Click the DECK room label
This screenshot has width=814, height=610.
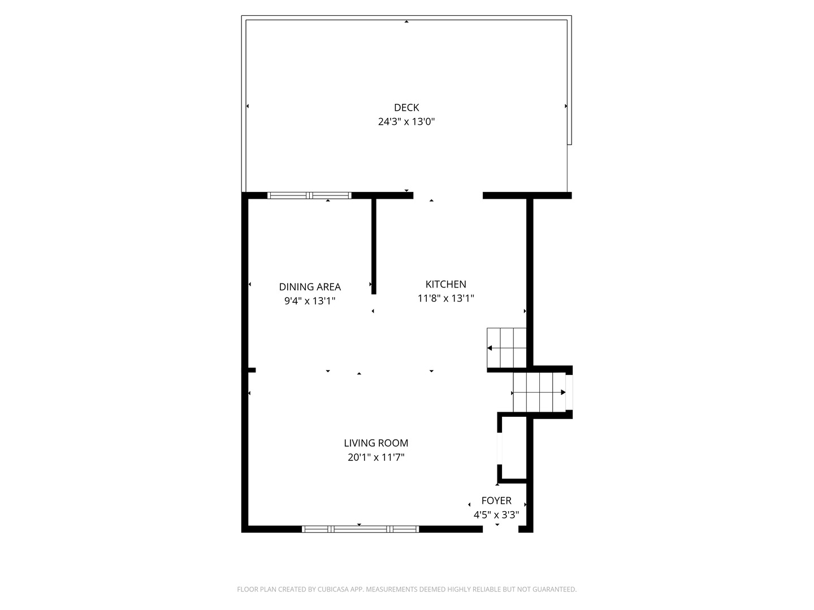(406, 107)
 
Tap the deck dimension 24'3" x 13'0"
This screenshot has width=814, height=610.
(406, 121)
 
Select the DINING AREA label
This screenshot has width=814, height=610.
(310, 287)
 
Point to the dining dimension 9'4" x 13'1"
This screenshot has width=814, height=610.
(310, 301)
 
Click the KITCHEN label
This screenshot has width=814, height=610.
(445, 284)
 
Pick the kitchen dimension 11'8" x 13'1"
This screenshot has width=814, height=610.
(445, 298)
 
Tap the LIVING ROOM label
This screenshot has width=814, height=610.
(376, 443)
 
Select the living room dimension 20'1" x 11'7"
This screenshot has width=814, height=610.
(376, 457)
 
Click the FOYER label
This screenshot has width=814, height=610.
(496, 500)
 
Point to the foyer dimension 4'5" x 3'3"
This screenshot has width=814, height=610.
(496, 515)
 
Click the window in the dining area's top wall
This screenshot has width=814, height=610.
(309, 195)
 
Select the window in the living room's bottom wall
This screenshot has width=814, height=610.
(360, 529)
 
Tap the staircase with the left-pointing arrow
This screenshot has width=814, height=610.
(506, 347)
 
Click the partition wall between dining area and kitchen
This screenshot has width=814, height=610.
(374, 246)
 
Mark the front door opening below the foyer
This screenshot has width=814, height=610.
(500, 529)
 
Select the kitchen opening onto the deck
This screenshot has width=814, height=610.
(448, 195)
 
